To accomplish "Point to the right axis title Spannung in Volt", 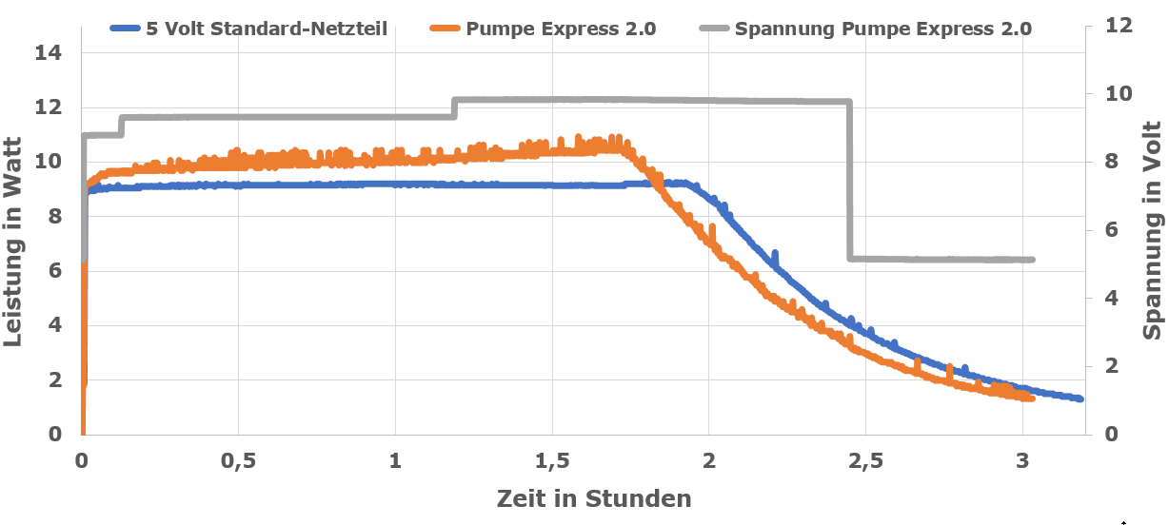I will coord(1153,231).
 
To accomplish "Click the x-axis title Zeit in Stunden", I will coord(593,498).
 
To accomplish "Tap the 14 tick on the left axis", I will coord(48,53).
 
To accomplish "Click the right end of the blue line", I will coord(1080,399).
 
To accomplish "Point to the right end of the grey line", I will coord(1032,260).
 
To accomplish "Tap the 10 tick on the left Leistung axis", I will coord(48,163).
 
